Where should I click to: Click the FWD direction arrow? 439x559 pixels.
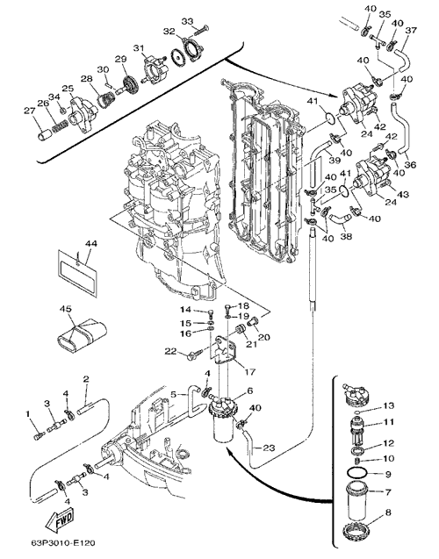click(x=60, y=520)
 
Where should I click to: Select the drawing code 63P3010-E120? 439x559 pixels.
click(x=62, y=543)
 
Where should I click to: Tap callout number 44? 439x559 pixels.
click(x=91, y=244)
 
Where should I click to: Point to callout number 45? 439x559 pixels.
click(x=67, y=308)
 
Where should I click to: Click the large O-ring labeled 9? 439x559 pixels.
click(x=356, y=474)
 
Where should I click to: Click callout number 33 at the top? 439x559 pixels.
click(x=187, y=21)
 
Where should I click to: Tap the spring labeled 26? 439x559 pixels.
click(x=61, y=125)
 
